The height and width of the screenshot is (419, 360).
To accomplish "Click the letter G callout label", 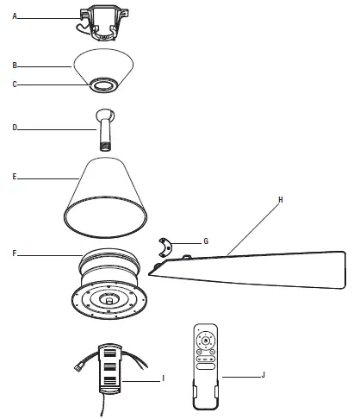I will click(204, 242).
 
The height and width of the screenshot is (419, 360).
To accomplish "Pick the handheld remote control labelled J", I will click(207, 362).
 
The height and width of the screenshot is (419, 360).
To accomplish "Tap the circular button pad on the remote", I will click(207, 341).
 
